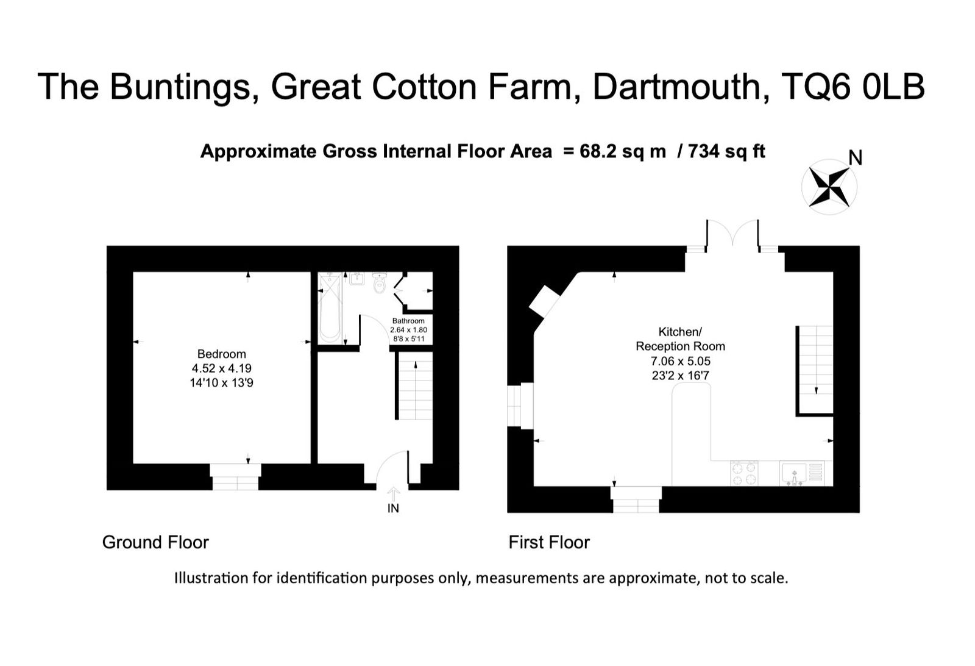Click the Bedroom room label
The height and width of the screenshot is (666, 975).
coord(222,354)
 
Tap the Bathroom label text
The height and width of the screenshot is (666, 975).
coord(408,321)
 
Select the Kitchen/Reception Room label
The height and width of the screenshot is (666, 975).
coord(680,339)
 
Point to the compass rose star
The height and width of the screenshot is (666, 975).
coord(829,187)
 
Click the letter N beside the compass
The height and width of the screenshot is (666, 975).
coord(856,158)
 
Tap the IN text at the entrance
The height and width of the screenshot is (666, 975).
coord(393,508)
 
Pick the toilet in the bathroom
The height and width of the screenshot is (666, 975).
coord(380,282)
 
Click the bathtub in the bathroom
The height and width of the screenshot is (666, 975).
coord(330,307)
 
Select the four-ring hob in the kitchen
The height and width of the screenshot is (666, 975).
coord(744,473)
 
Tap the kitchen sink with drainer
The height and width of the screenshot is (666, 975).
coord(802,473)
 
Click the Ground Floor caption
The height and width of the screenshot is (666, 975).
coord(155,542)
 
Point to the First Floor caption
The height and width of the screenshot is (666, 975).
coord(549,542)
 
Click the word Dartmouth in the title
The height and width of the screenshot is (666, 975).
coord(681,87)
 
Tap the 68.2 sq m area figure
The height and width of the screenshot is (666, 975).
coord(623,152)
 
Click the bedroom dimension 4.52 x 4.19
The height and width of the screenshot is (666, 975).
coord(222,368)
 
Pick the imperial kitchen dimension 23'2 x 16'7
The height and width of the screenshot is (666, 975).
coord(680,376)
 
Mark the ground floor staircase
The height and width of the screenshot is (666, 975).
coord(416,386)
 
